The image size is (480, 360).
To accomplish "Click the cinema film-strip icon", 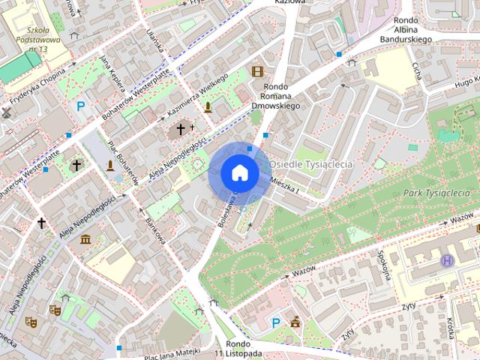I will [x=258, y=72].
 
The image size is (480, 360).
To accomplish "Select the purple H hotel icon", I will [x=448, y=260].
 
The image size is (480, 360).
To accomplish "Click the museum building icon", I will [x=85, y=239].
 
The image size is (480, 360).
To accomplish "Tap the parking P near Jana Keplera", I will [x=80, y=107].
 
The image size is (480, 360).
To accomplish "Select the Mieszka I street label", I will [x=285, y=184].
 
